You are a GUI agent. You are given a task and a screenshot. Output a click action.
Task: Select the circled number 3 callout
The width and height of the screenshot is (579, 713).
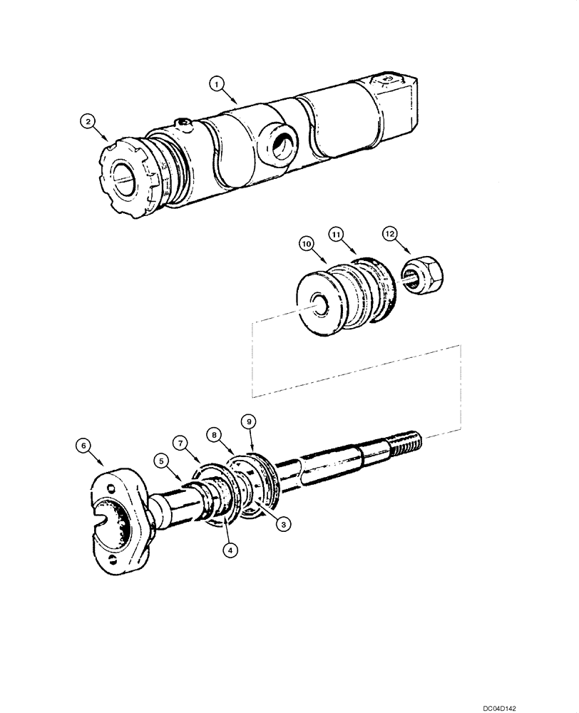[x=283, y=523]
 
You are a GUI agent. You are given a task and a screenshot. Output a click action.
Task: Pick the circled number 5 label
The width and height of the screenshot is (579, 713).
[x=163, y=461]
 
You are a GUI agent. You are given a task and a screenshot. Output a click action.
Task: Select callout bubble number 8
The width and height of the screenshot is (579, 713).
[x=213, y=434]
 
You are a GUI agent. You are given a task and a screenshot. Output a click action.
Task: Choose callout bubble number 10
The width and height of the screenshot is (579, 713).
[x=307, y=245]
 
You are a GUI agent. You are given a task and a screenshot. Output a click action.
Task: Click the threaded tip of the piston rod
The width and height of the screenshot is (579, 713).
[x=408, y=441]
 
